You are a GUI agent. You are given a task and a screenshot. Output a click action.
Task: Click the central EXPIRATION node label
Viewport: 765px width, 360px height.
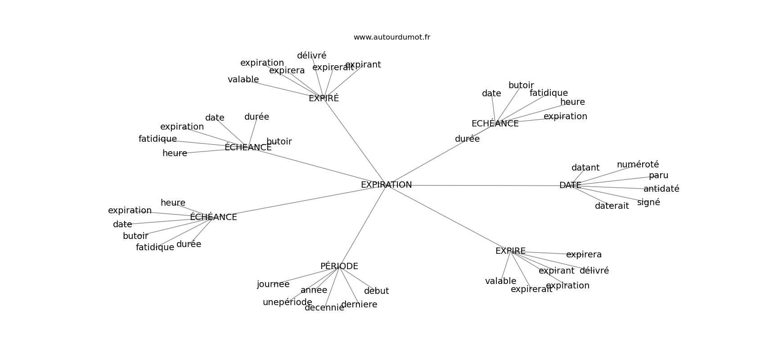[x=386, y=185]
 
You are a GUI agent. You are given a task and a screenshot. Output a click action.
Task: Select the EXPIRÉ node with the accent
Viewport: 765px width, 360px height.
[x=324, y=99]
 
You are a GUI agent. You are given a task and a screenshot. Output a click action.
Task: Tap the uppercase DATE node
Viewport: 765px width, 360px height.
[x=570, y=185]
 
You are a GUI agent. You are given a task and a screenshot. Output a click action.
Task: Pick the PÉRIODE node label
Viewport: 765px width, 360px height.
[x=339, y=266]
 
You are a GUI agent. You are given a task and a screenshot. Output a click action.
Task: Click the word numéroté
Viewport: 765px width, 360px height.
[x=638, y=165]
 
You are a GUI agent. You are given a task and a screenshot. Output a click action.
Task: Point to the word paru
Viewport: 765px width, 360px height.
[x=658, y=175]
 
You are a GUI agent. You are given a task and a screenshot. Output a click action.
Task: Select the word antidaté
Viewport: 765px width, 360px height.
[x=661, y=189]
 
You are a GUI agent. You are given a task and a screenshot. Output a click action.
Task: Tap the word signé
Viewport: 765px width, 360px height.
[x=648, y=202]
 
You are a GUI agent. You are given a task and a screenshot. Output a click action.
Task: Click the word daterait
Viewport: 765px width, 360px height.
[x=612, y=206]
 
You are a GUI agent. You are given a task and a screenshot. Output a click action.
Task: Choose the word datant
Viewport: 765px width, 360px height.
[x=585, y=168]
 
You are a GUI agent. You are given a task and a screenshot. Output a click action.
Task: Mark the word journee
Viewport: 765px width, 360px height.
[x=273, y=284]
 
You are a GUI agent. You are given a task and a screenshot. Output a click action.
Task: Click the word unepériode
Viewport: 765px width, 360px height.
[x=287, y=302]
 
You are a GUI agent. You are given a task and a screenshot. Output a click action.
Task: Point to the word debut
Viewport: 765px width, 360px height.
[x=376, y=291]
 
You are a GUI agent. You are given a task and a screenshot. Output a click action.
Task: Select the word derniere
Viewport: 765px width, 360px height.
[x=359, y=305]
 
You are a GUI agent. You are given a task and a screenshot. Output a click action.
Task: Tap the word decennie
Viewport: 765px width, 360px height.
[x=324, y=308]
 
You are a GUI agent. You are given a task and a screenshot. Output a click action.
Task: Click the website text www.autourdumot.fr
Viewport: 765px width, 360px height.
[x=391, y=37]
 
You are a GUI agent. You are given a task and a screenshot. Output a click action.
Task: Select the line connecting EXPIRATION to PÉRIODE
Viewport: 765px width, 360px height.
[x=363, y=225]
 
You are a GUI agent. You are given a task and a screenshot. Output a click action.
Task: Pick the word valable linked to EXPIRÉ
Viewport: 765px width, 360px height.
[x=243, y=80]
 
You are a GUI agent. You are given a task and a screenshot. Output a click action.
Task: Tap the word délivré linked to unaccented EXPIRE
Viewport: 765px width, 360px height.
[x=594, y=271]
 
